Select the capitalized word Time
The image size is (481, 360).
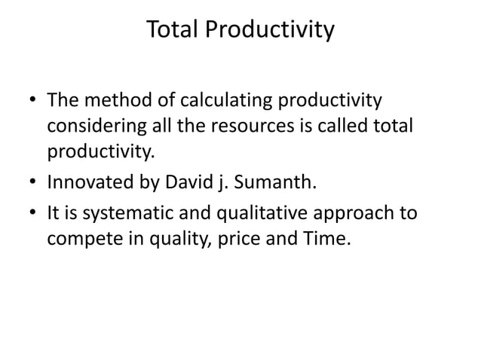pyautogui.click(x=331, y=239)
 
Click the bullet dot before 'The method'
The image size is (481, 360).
pyautogui.click(x=31, y=101)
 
